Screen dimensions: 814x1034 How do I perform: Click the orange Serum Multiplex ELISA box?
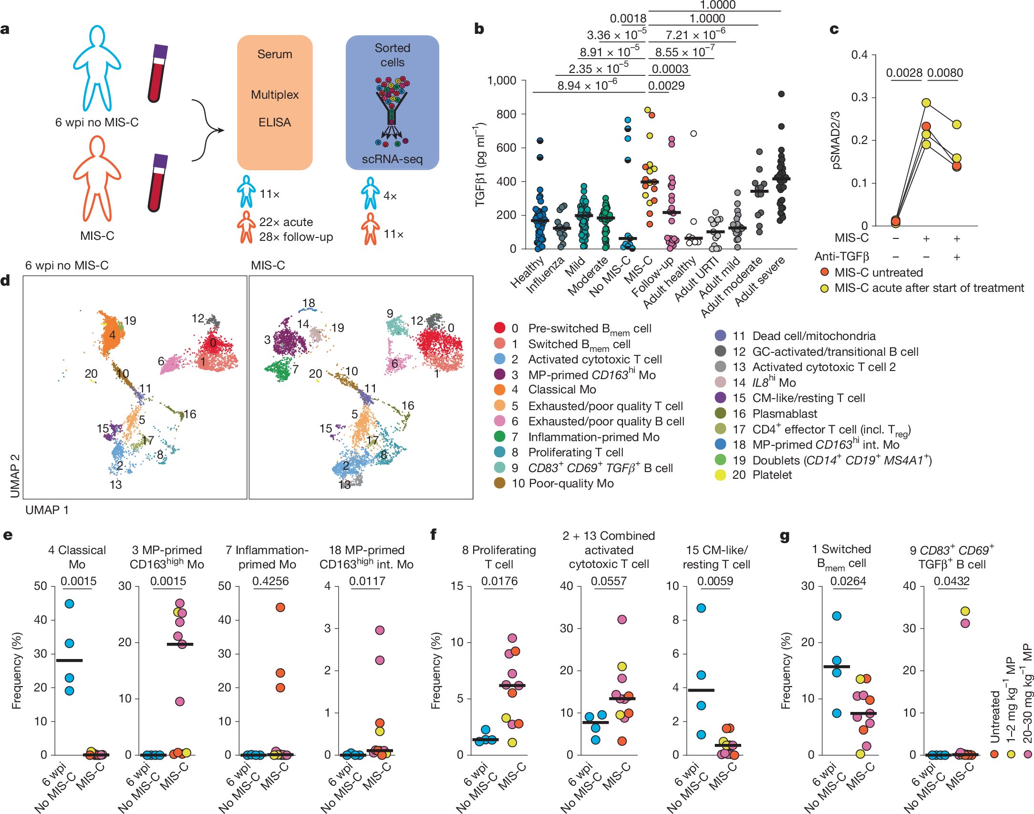275,102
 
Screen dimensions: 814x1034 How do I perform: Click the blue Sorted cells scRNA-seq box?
392,102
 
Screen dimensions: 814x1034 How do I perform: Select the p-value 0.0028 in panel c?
904,73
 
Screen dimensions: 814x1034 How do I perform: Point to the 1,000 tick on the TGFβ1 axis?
501,81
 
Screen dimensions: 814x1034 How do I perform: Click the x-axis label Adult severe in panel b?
760,281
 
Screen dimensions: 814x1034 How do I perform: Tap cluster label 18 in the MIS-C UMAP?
309,303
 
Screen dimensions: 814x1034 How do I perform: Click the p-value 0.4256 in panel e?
270,581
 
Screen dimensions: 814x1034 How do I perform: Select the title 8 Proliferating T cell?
499,557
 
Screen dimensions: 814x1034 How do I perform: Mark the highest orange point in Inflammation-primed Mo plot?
280,608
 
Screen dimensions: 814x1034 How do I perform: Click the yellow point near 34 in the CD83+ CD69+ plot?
965,611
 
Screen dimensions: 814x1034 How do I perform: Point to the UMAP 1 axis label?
47,510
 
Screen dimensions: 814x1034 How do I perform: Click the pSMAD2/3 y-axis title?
836,140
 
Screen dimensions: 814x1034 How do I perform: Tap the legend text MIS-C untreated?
878,272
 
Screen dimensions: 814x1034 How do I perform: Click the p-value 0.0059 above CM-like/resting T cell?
715,581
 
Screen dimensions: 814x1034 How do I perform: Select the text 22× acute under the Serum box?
286,222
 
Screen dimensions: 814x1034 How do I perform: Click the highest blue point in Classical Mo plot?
69,604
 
